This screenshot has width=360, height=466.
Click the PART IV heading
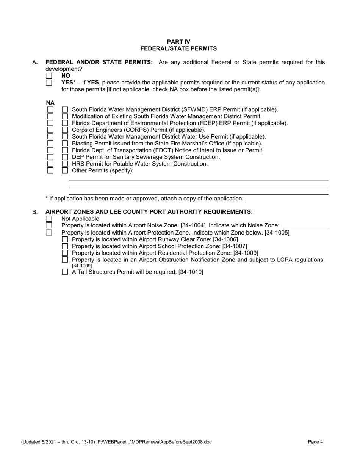178,42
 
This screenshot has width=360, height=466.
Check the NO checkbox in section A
49,76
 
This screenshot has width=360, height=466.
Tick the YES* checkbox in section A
49,83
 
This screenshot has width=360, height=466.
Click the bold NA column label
50,103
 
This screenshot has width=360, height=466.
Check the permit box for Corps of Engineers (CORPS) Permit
65,130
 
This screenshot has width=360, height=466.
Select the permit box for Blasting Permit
65,144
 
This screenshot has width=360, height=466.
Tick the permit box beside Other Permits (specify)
65,170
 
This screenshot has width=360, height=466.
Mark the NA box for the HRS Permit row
50,164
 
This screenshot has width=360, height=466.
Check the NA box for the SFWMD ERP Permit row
50,109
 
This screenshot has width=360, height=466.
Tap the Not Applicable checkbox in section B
49,219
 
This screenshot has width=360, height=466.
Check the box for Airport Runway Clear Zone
65,239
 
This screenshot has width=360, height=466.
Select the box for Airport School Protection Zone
65,246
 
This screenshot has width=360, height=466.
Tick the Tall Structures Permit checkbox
65,272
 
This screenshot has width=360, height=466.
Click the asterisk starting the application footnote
47,199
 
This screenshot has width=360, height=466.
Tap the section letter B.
34,213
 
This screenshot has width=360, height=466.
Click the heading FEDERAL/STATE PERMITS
178,48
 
